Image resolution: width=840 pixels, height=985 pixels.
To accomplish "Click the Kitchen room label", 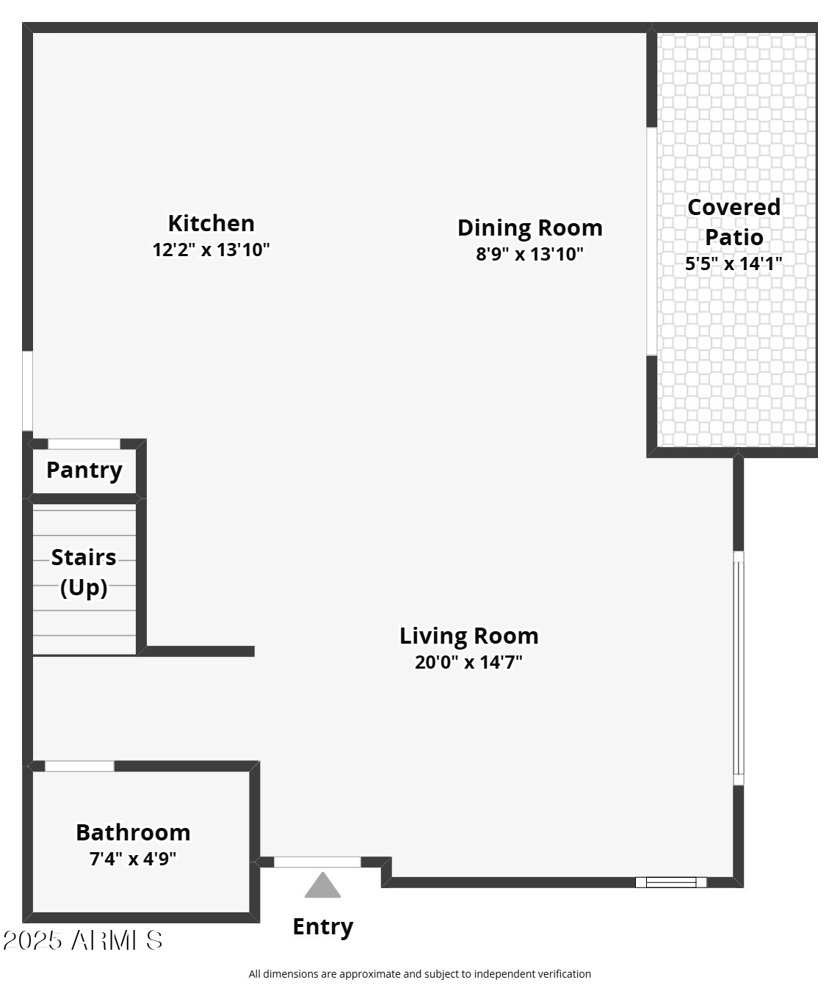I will pos(211,223).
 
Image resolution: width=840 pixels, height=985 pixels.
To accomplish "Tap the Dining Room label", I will pos(529,228).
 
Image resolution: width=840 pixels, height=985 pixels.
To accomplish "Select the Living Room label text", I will pos(468,636).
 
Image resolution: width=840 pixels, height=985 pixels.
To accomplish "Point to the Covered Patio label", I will pos(734,222).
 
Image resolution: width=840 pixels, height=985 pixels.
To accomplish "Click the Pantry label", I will pos(84,470).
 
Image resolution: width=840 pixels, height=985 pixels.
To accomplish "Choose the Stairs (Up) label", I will pos(84,572).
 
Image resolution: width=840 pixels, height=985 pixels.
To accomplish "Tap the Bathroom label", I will pos(133,832).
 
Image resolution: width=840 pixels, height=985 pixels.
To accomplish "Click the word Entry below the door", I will pos(323,926).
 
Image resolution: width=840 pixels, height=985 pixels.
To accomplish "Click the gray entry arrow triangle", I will pos(322,887).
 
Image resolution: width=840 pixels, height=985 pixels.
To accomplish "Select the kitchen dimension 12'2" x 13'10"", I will pos(211,250).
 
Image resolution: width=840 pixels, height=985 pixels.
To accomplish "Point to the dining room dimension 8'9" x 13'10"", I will pos(529,254).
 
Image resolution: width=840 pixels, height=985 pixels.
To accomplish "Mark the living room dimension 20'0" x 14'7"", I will pos(468,662).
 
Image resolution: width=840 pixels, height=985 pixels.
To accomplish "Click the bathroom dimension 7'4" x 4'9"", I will pos(133,858).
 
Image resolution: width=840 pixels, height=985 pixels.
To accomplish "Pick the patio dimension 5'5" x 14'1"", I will pos(734,263).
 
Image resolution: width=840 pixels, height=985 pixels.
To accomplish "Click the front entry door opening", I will pos(317,862).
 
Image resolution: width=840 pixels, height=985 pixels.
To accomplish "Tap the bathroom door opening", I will pos(80,766).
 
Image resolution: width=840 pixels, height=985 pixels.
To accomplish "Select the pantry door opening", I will pos(84,444).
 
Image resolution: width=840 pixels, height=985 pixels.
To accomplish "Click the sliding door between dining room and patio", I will pos(651,241).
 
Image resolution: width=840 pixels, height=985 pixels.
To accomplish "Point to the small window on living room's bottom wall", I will pos(670,882).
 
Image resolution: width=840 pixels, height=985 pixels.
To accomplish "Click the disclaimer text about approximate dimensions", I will pos(419,974).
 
